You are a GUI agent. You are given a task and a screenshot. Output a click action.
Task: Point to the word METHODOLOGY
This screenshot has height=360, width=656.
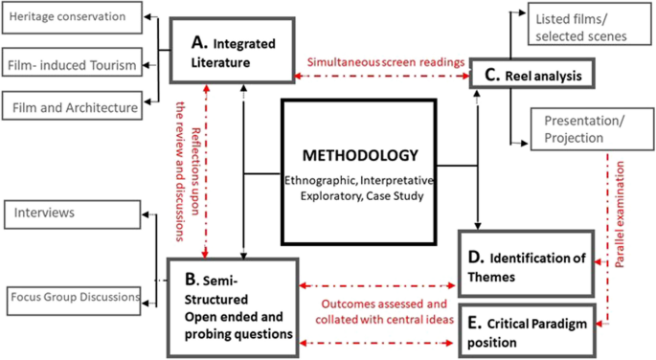tap(359, 154)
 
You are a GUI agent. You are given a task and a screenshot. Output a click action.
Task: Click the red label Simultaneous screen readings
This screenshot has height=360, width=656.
tap(386, 61)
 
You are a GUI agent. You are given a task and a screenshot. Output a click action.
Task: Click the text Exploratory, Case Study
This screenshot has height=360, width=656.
tap(359, 198)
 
